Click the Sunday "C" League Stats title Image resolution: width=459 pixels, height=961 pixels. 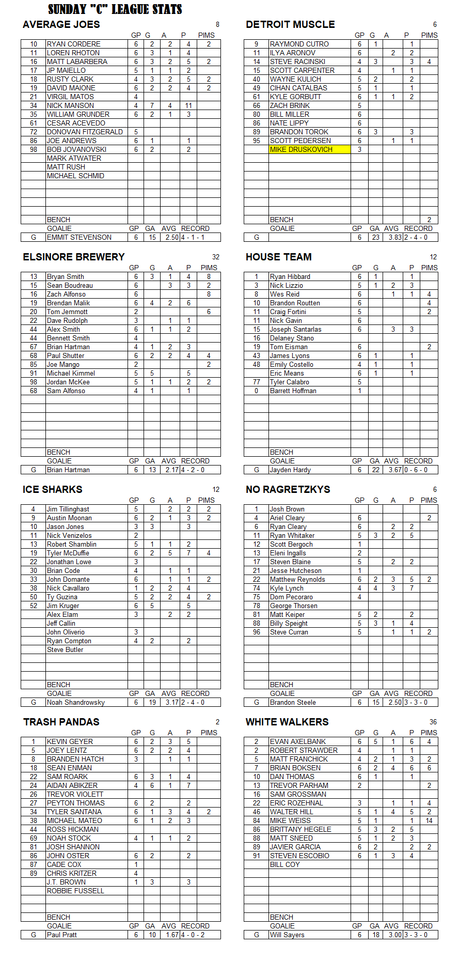click(115, 9)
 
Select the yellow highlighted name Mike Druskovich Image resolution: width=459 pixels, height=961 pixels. click(301, 149)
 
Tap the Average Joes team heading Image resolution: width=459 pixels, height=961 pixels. click(61, 24)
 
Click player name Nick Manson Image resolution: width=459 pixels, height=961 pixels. click(70, 105)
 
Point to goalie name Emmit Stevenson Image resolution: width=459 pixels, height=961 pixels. click(79, 237)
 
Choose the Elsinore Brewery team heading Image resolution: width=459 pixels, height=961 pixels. click(74, 257)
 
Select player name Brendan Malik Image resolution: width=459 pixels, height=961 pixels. click(68, 303)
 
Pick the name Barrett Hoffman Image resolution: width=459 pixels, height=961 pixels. click(293, 391)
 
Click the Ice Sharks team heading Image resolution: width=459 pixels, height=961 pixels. click(52, 489)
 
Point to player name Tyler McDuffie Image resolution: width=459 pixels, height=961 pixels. click(68, 553)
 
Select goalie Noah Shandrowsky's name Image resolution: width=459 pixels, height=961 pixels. click(75, 702)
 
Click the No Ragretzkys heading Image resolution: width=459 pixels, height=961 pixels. click(288, 489)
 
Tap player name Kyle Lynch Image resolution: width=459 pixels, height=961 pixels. click(287, 588)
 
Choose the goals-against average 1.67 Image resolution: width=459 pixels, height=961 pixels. click(172, 935)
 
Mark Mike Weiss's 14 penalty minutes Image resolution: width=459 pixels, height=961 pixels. click(429, 820)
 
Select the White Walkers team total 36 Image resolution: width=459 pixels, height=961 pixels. click(433, 722)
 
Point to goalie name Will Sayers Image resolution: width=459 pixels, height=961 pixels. click(287, 935)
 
